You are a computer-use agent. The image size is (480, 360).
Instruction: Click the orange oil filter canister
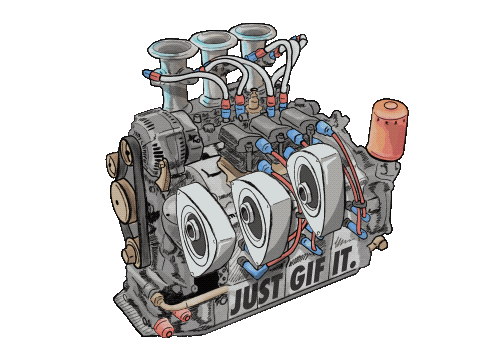coord(387,130)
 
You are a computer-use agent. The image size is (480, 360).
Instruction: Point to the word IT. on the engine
coord(343,266)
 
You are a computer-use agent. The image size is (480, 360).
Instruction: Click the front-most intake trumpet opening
coord(172,51)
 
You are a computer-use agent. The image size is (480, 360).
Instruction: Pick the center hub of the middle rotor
coord(246,213)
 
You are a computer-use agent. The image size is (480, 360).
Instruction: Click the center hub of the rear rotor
coord(303,192)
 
